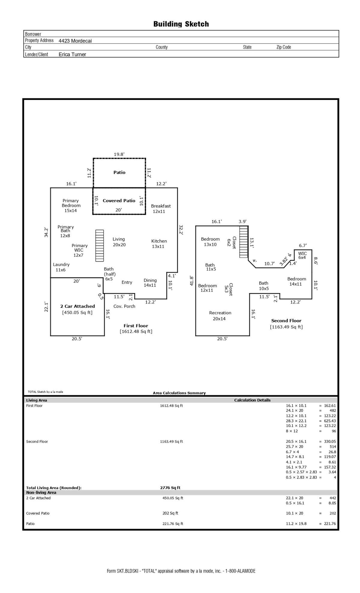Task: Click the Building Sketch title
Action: tap(181, 24)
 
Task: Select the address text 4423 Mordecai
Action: tap(75, 41)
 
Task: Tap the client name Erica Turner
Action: tap(72, 54)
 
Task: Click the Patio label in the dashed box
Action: tap(119, 172)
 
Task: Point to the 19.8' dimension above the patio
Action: tap(119, 154)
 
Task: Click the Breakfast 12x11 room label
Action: tap(161, 209)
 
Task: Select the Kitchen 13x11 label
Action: tap(159, 244)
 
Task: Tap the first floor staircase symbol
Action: tap(100, 246)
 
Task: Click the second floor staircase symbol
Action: tap(244, 242)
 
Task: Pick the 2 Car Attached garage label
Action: tap(77, 306)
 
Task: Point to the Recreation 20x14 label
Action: tap(220, 316)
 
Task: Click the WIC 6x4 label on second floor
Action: tap(302, 256)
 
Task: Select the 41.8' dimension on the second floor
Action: tap(192, 281)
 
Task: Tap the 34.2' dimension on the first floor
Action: tap(46, 232)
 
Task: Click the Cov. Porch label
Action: tap(124, 306)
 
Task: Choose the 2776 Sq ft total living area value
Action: tap(170, 488)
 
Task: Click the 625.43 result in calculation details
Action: tap(330, 421)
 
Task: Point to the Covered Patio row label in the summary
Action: tap(38, 513)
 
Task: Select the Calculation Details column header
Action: tap(252, 400)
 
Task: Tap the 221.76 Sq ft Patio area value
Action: tap(173, 524)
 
